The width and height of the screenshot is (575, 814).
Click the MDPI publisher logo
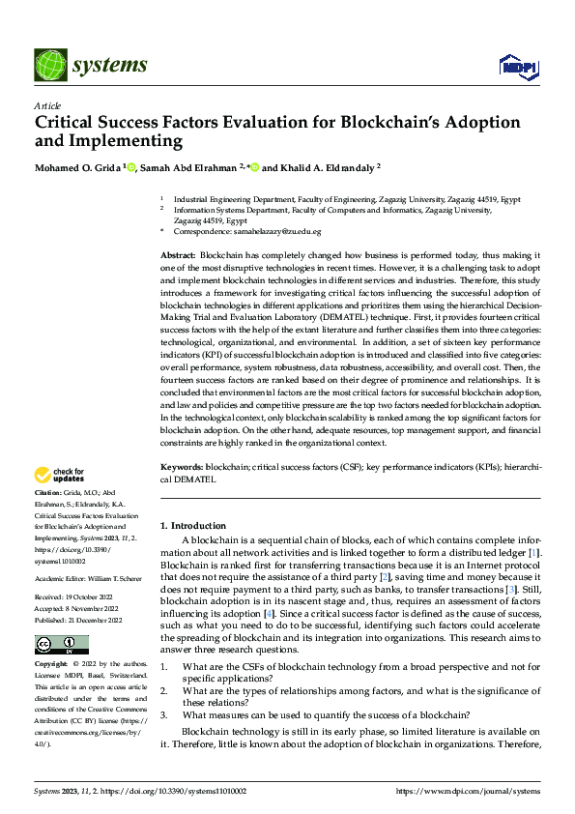pyautogui.click(x=516, y=65)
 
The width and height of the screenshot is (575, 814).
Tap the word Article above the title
pyautogui.click(x=47, y=105)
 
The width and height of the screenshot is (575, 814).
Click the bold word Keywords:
pyautogui.click(x=181, y=466)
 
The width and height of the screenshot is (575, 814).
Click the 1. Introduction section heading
pyautogui.click(x=193, y=525)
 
